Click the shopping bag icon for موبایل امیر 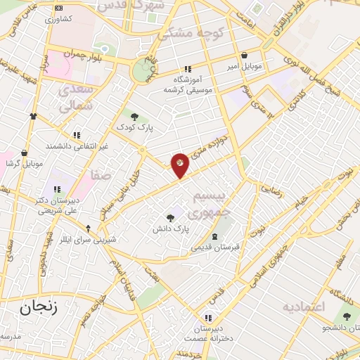[x=243, y=55]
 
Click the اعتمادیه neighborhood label [x=304, y=307]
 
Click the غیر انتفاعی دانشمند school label [x=77, y=146]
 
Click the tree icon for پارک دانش [x=170, y=218]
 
